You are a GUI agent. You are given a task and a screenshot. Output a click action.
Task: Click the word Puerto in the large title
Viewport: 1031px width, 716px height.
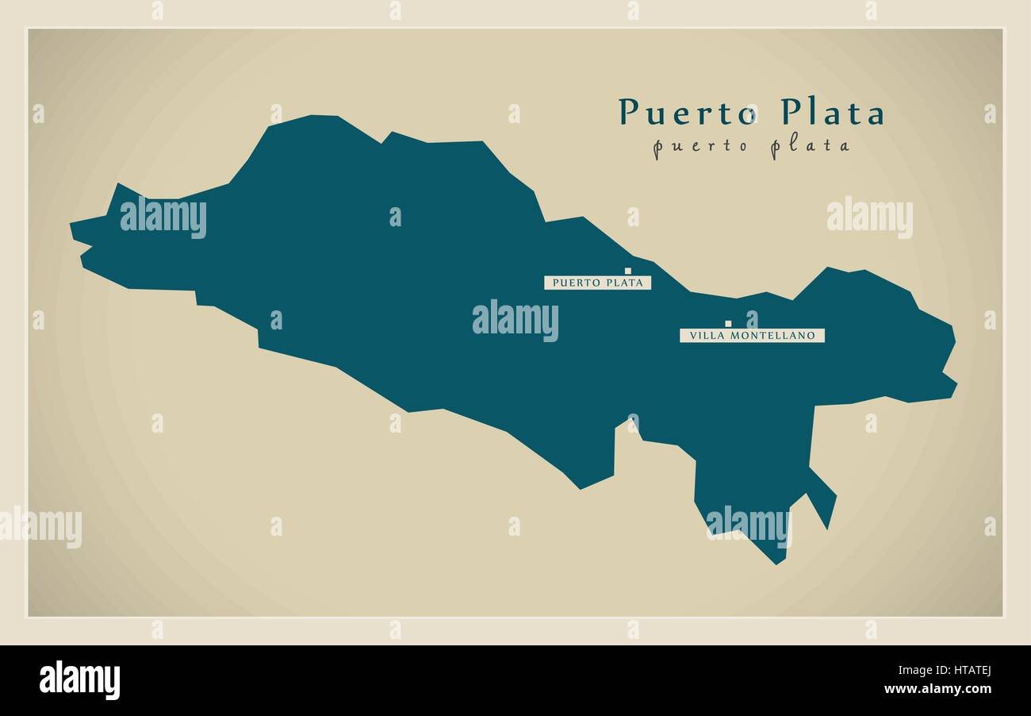tap(688, 113)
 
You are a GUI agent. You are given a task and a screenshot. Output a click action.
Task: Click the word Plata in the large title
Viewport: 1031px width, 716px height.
tap(832, 113)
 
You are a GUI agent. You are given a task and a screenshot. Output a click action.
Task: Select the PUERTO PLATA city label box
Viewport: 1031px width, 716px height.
tap(597, 283)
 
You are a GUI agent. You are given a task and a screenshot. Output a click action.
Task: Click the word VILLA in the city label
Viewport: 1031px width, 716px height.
tap(703, 336)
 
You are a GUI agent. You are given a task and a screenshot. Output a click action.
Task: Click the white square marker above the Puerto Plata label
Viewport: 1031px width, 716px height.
tap(627, 271)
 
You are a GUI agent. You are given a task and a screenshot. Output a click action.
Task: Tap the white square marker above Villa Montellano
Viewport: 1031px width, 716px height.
tap(728, 324)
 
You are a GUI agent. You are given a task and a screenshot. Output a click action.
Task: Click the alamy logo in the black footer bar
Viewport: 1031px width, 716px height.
tap(79, 680)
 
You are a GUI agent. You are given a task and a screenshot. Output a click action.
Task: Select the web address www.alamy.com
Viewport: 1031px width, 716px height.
tap(938, 689)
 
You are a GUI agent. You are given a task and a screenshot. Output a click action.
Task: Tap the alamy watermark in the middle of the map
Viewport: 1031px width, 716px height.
tap(515, 320)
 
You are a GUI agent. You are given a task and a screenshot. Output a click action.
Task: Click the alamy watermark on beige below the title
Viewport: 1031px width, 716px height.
tap(869, 217)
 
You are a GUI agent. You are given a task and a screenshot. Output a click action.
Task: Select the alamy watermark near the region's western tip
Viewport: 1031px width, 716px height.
tap(163, 217)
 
